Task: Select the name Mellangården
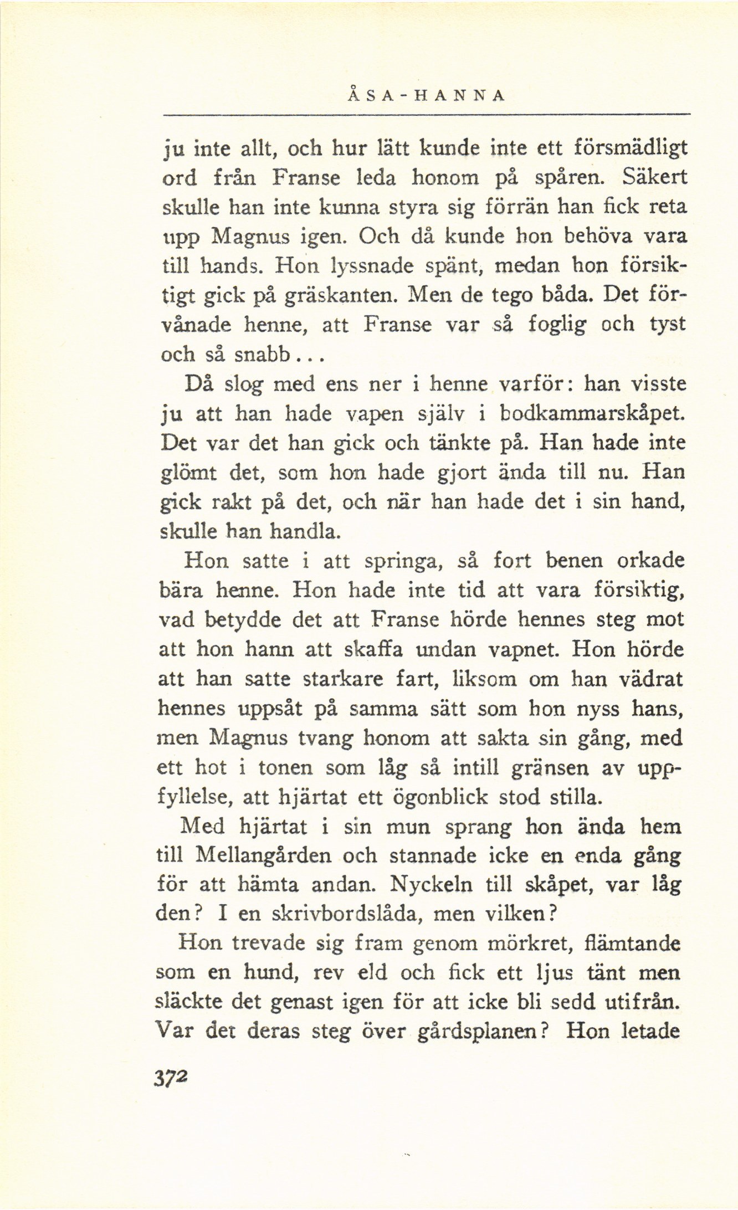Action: (x=264, y=857)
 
